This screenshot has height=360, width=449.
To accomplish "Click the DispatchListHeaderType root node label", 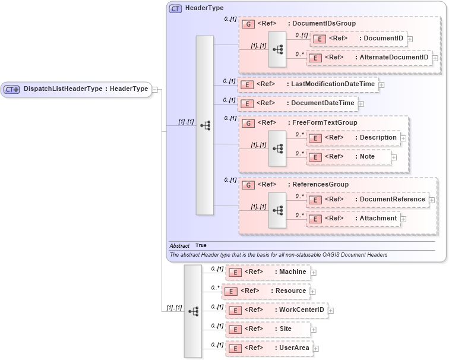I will coord(85,89).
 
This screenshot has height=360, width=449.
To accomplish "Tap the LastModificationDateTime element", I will coord(308,84).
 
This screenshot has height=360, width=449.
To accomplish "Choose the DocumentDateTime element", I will coord(297,103).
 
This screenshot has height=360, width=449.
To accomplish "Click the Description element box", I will coord(354,138).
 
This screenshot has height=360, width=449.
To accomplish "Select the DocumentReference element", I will coord(368,200).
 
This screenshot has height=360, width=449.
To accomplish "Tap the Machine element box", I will coord(268,272).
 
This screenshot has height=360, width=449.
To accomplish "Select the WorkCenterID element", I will coord(277,310).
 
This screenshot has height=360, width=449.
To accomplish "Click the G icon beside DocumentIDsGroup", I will coord(249,24).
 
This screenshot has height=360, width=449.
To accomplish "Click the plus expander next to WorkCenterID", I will coord(331,310).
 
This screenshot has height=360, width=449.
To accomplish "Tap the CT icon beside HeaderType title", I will coord(176,8).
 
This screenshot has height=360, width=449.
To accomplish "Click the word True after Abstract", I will coord(201,245).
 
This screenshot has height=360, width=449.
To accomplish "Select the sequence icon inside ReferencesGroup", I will coord(277,209).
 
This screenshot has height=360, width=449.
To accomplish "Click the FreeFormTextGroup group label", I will coord(324,122).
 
